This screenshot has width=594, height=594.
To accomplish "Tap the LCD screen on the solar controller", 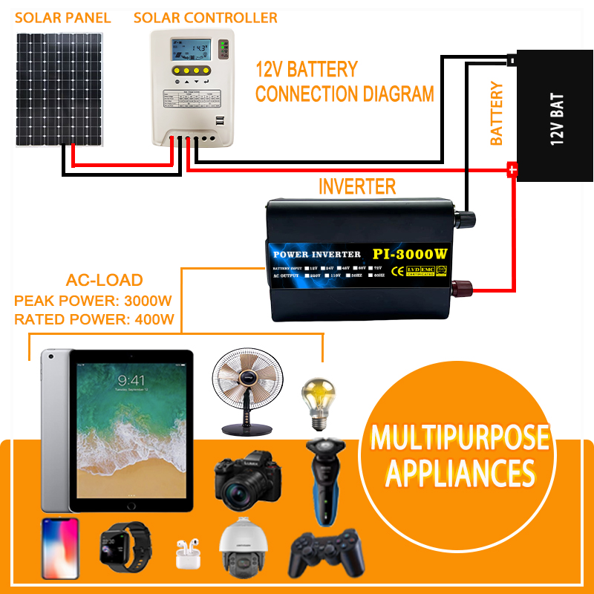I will click(x=188, y=50).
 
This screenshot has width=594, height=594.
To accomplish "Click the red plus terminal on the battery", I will click(x=511, y=170).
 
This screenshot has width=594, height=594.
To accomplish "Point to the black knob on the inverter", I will click(x=466, y=218).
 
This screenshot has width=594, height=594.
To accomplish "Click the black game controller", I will click(x=327, y=554).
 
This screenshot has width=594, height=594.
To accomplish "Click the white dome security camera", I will click(x=241, y=549).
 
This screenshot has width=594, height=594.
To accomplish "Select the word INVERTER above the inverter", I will click(x=356, y=186).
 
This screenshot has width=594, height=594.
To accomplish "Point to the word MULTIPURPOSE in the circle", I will click(x=460, y=438).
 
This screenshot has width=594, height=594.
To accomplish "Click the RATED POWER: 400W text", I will click(x=94, y=319).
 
